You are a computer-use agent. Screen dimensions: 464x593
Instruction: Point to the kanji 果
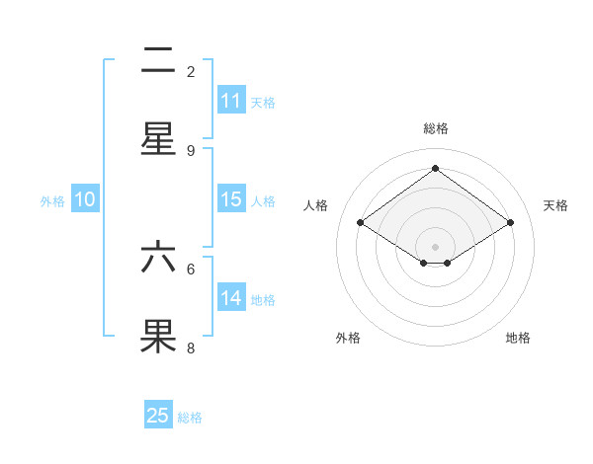coord(158,336)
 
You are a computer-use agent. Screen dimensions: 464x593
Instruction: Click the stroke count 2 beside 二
coord(191,71)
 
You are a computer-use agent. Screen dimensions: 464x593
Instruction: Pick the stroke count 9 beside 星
coord(191,150)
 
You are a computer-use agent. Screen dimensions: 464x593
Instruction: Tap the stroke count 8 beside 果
coord(191,348)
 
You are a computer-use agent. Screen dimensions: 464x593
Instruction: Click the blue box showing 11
coord(231,101)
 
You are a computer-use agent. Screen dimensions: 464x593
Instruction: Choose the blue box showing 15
coord(231,199)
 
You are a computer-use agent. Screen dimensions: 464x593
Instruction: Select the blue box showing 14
coord(231,298)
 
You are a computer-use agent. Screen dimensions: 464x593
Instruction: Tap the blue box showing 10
coord(85,199)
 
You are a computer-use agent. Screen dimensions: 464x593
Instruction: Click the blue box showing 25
coord(158,416)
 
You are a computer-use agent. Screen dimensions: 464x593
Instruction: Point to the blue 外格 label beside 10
coord(52,201)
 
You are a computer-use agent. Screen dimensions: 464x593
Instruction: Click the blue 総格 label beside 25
coord(190,418)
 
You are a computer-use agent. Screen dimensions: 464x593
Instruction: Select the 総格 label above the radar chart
coord(435,128)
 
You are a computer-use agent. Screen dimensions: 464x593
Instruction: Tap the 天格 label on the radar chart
coord(555,205)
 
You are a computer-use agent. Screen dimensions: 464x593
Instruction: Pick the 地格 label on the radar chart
coord(518,338)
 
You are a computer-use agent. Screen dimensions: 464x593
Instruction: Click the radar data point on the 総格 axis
coord(435,168)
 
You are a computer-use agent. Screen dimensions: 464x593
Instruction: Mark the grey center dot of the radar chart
coord(435,245)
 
